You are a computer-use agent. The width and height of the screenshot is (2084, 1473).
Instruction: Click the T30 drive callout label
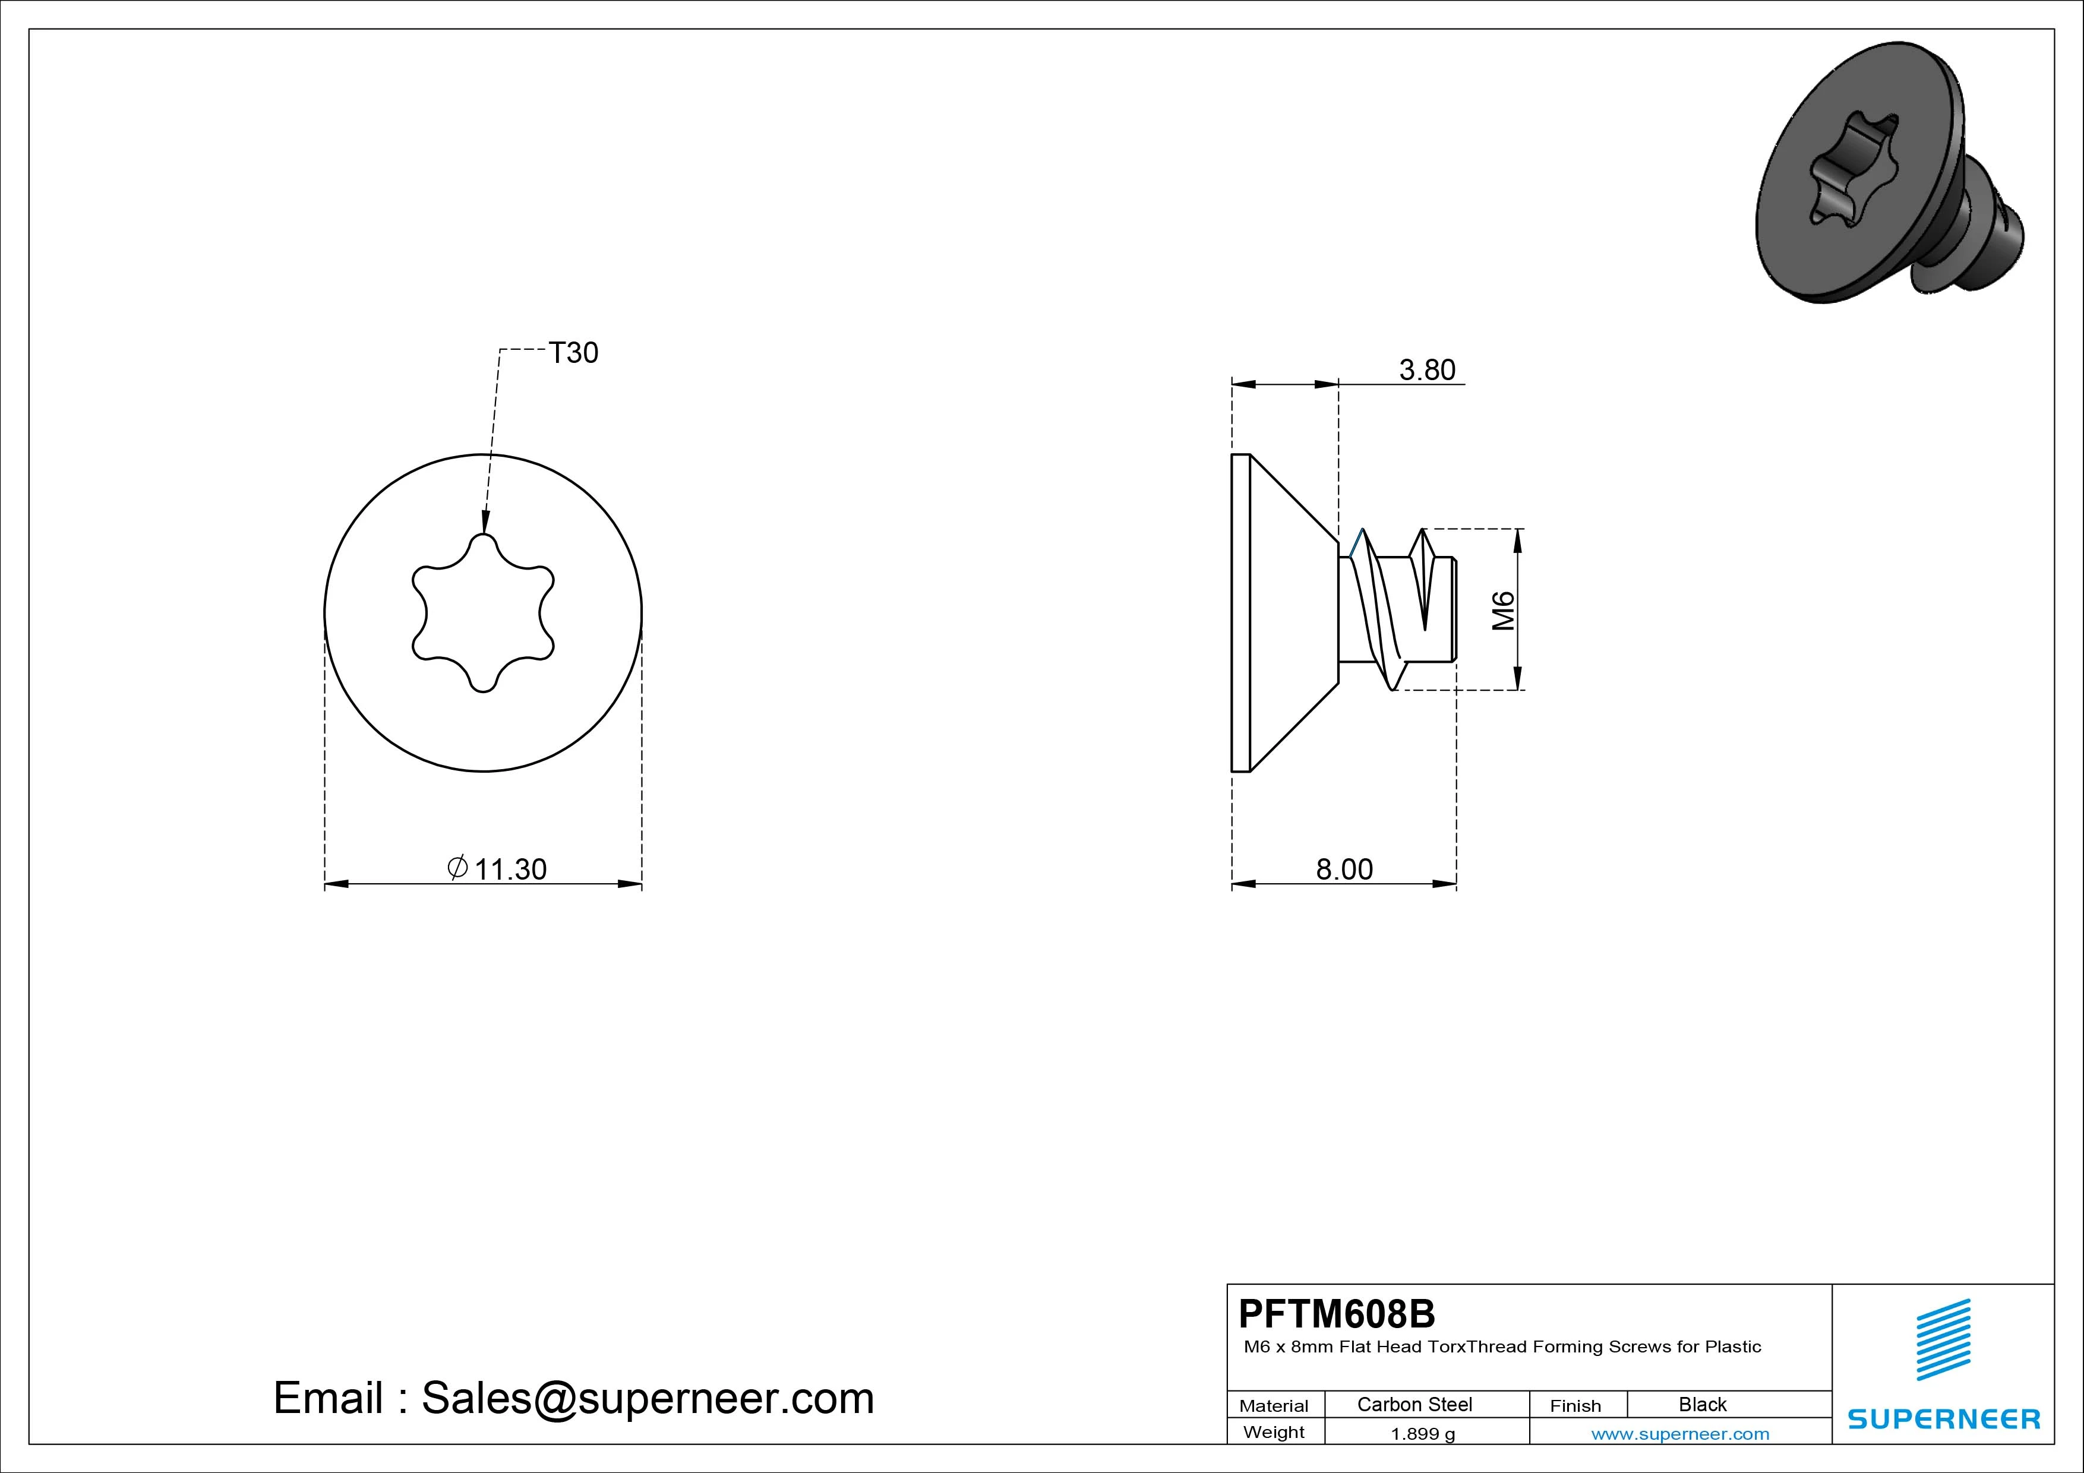[574, 352]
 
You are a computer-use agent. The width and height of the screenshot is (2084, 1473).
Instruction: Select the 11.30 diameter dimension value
[510, 870]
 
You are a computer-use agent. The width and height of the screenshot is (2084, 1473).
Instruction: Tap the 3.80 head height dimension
[1427, 369]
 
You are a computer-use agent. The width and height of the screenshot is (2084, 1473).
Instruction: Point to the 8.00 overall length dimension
[1344, 870]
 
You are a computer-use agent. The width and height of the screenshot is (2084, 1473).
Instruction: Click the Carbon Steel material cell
[1414, 1404]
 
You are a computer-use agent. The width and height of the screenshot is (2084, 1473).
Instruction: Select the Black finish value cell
[1703, 1404]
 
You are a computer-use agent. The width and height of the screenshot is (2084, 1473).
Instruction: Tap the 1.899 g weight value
[1422, 1434]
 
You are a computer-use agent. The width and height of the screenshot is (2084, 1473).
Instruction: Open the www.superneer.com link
[1680, 1434]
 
